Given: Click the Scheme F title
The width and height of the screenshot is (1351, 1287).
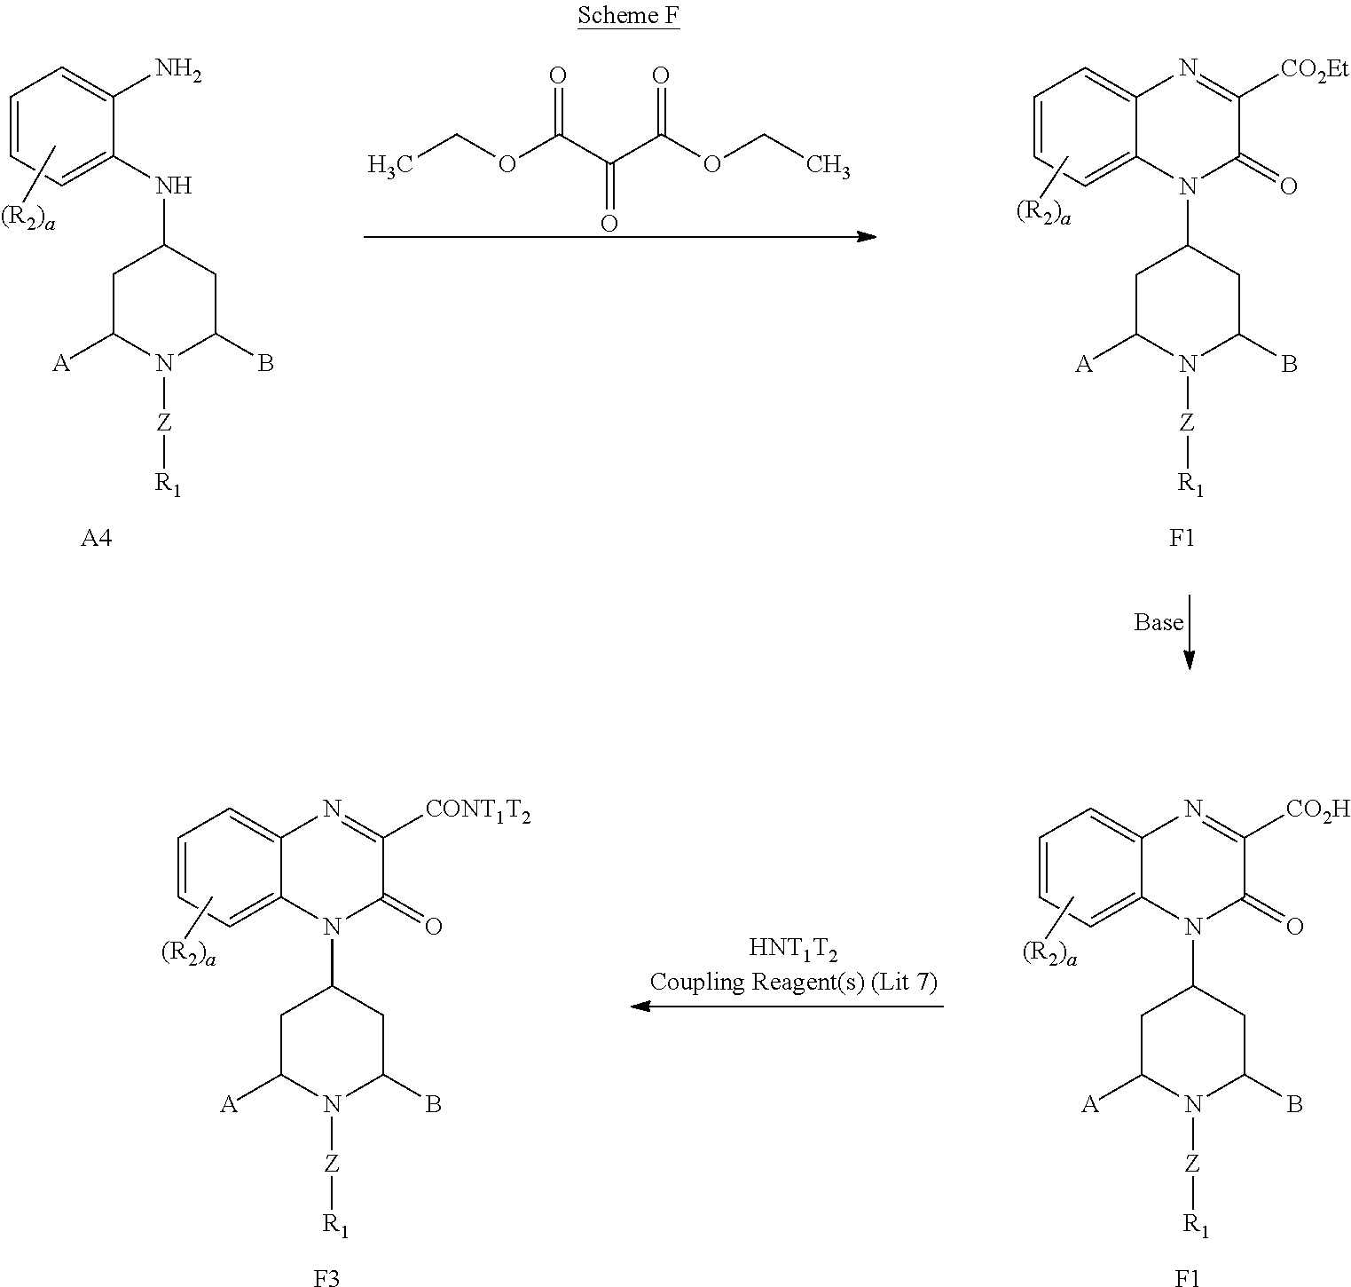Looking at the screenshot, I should (628, 16).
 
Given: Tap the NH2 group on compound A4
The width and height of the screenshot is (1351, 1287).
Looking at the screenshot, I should (178, 70).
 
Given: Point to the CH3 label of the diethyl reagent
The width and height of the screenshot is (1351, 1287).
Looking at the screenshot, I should (827, 165).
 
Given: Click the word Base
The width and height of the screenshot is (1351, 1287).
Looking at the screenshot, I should (1158, 622).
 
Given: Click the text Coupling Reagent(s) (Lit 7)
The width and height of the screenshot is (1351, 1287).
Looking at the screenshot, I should (793, 982).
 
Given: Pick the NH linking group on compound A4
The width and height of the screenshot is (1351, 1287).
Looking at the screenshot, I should (173, 186).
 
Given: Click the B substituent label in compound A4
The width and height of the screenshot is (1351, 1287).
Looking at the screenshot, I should (265, 364).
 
